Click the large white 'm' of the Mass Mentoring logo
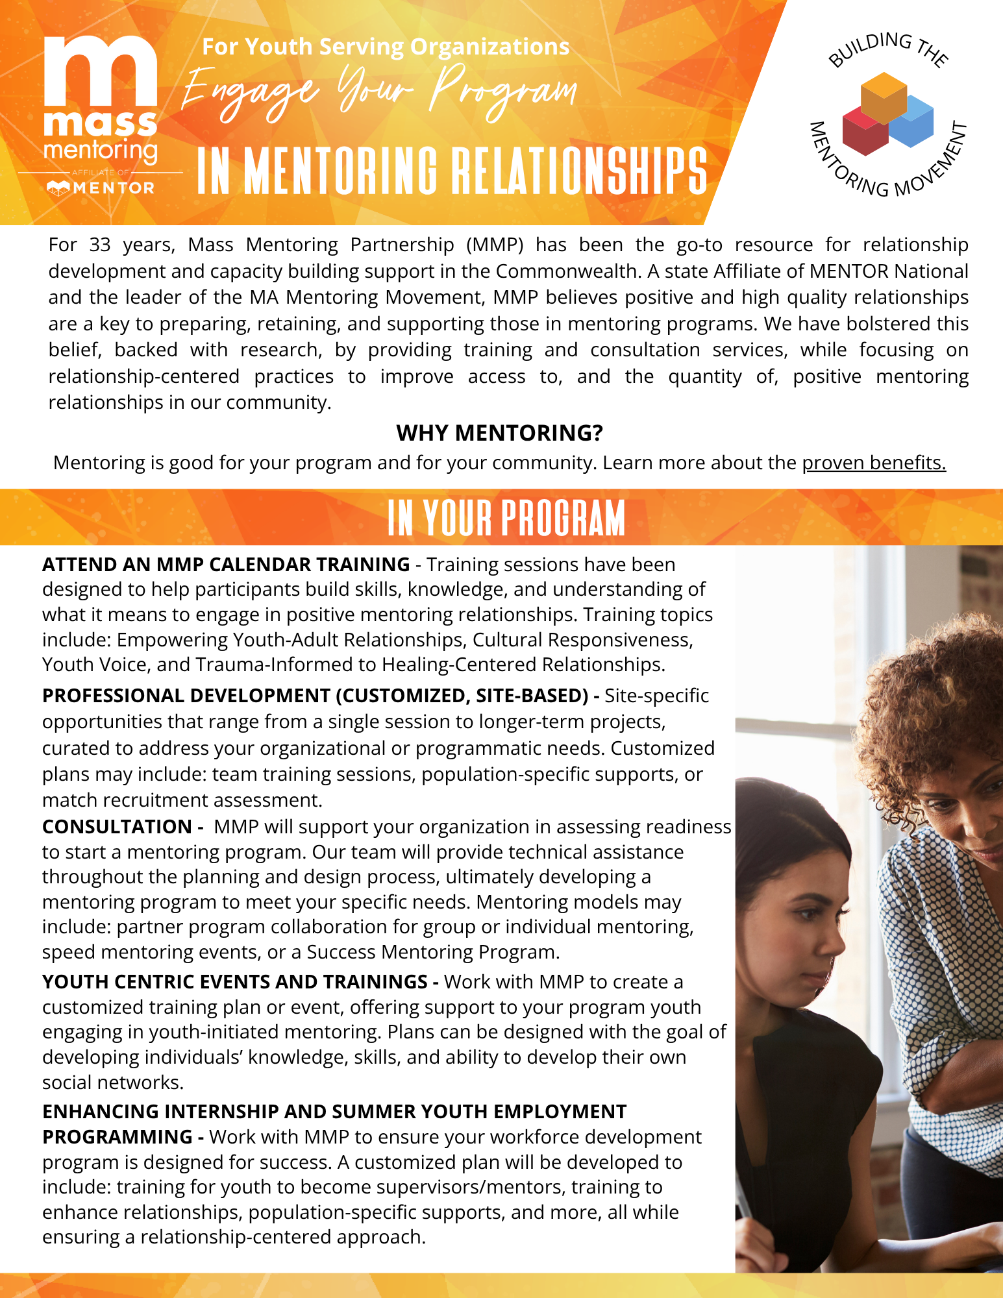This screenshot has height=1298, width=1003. click(x=101, y=71)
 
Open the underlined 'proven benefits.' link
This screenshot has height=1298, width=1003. click(x=874, y=463)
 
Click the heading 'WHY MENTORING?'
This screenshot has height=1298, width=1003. click(x=499, y=433)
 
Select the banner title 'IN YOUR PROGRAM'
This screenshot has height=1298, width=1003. click(x=506, y=518)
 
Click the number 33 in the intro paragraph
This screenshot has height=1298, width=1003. click(x=100, y=245)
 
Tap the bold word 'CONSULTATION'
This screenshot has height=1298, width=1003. click(x=117, y=827)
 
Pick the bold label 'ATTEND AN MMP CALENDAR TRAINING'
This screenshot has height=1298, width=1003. click(x=226, y=565)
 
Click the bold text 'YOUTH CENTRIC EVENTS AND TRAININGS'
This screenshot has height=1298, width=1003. click(x=234, y=982)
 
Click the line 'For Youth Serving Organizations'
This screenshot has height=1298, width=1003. click(x=386, y=47)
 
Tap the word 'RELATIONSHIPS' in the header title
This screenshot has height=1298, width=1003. click(x=578, y=171)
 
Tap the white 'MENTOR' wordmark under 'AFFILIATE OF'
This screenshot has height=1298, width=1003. click(x=114, y=188)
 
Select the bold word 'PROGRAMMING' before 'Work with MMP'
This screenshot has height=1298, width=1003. click(x=117, y=1137)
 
